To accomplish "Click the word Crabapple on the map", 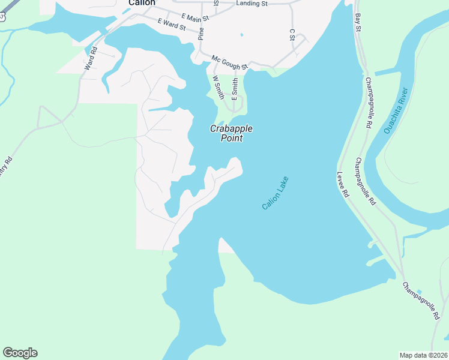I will tap(231, 128).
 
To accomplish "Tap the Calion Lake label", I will tap(276, 193).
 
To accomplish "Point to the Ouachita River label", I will tap(396, 111).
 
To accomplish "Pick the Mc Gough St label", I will tap(229, 62).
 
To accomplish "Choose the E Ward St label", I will tap(172, 25).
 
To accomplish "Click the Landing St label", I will tap(251, 4).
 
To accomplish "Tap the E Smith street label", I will tap(235, 88).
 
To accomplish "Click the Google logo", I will tap(20, 353).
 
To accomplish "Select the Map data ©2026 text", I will tap(424, 355).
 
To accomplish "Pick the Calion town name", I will tap(142, 3).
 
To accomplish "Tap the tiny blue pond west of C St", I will tap(241, 34).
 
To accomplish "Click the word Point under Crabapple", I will tap(231, 139).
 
